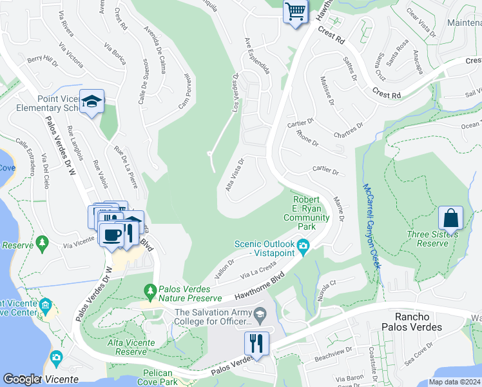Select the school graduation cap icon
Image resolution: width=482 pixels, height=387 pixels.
[93, 101]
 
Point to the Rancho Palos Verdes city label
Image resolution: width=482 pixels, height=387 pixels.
[418, 322]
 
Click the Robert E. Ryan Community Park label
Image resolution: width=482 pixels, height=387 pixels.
[307, 213]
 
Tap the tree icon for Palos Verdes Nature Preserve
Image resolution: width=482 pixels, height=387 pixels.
[151, 292]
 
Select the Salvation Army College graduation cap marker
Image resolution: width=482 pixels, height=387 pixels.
[260, 316]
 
